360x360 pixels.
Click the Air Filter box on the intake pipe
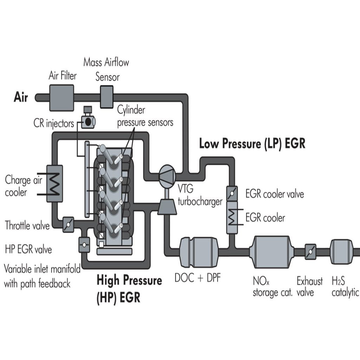point(62,97)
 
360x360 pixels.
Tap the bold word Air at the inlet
point(21,97)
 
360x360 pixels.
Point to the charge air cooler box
point(54,184)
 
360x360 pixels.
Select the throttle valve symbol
point(68,224)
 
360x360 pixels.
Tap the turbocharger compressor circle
point(166,173)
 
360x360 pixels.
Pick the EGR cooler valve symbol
point(232,193)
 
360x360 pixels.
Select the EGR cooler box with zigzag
point(232,218)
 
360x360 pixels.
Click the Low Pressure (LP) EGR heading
point(252,144)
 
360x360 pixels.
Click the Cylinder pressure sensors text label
point(145,116)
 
